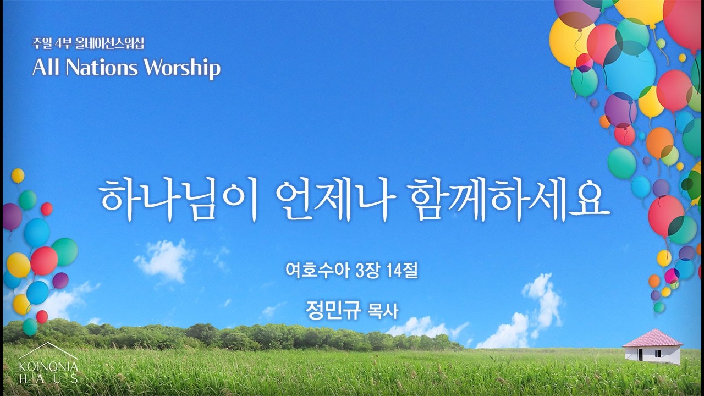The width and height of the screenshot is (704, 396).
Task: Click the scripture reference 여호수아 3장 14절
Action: [x=352, y=271]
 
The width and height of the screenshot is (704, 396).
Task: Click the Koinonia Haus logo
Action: [x=48, y=363]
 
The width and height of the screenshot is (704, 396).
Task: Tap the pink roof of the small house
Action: [x=653, y=337]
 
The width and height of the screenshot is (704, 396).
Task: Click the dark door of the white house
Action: [x=640, y=355]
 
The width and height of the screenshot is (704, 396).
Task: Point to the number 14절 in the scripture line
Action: [x=403, y=271]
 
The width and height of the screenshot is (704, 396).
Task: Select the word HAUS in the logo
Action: [x=48, y=378]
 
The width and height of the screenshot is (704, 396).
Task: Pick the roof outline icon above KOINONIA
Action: [x=48, y=350]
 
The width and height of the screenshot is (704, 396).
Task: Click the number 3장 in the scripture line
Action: [x=368, y=271]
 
